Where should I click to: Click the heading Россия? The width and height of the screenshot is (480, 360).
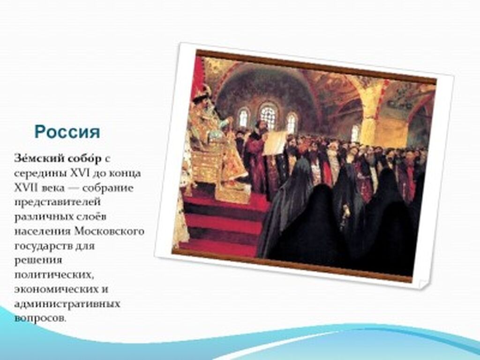(x=67, y=132)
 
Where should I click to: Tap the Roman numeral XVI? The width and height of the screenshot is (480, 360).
(x=80, y=173)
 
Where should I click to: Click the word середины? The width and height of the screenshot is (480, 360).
(x=41, y=174)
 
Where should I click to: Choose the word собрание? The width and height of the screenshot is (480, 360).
(x=108, y=188)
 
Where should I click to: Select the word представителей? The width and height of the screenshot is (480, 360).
(x=57, y=202)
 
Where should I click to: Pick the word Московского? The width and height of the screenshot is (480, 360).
(x=109, y=231)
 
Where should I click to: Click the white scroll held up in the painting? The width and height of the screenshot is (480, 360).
(x=274, y=142)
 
